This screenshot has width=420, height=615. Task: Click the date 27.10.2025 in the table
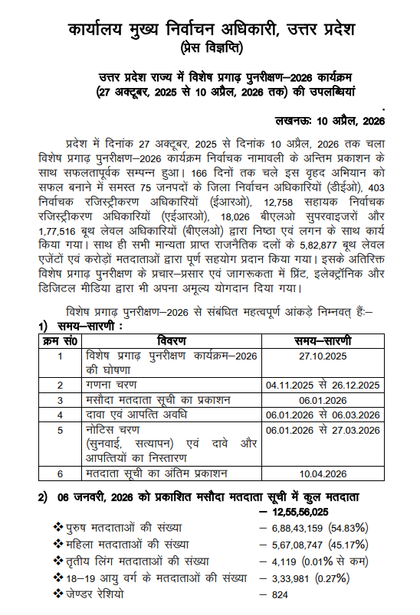click(322, 356)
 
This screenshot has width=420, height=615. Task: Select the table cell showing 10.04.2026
click(322, 473)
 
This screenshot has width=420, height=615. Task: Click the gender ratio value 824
click(282, 594)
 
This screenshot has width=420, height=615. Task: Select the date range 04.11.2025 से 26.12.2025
click(322, 385)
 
